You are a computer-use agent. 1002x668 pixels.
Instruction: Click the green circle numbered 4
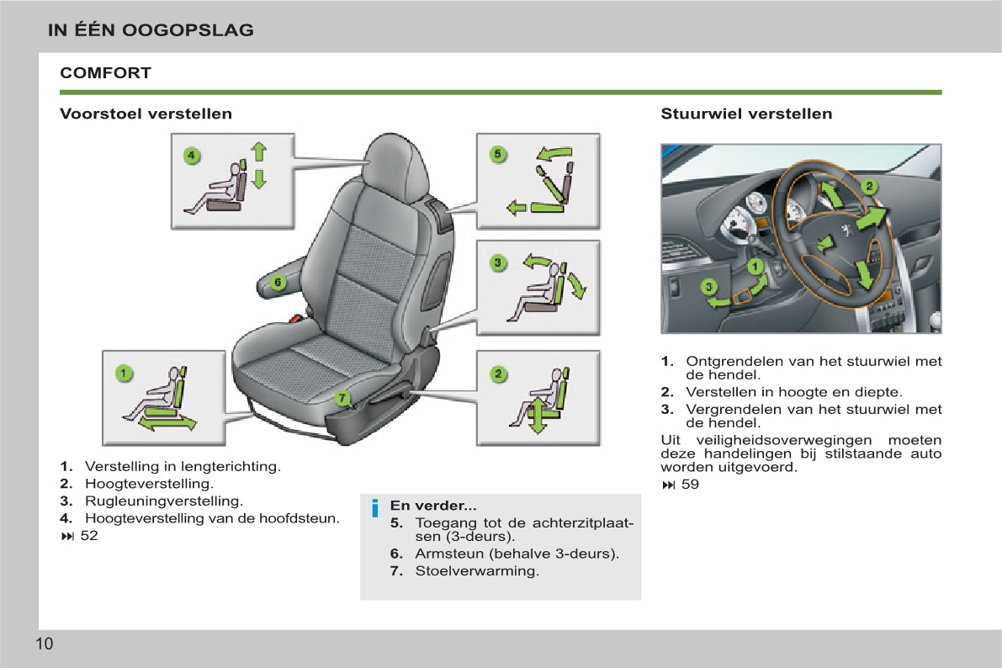[191, 156]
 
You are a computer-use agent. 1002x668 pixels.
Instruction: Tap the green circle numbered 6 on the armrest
[278, 282]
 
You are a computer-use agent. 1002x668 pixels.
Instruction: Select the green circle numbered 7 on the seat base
[342, 398]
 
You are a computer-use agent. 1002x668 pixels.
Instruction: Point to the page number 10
[44, 644]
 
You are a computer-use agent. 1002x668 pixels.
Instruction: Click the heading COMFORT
[105, 73]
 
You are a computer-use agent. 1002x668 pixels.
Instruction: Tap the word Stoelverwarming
[477, 571]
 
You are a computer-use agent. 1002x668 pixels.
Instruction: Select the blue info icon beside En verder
[375, 508]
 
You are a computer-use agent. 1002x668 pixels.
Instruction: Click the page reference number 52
[89, 536]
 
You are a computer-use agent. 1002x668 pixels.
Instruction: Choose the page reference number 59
[690, 485]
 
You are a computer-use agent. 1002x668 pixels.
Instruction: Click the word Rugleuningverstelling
[163, 501]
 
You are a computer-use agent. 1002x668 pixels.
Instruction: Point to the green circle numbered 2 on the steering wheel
[869, 187]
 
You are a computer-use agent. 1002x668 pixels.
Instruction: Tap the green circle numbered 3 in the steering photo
[708, 286]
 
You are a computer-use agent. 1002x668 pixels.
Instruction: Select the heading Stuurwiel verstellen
[746, 114]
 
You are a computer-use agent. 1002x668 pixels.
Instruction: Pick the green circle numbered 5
[497, 154]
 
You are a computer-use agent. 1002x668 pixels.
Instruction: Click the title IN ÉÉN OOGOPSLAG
[151, 30]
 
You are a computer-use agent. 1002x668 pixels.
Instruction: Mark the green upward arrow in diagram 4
[258, 152]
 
